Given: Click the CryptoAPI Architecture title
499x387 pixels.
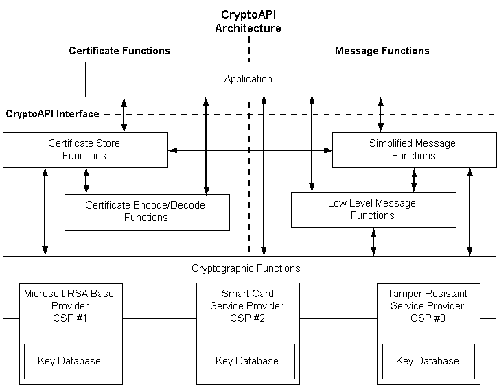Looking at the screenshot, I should pyautogui.click(x=248, y=21).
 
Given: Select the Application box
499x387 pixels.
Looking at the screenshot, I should pyautogui.click(x=249, y=79).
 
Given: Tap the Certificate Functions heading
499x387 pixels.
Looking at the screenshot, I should pyautogui.click(x=119, y=51).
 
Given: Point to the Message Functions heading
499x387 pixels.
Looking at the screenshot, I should pyautogui.click(x=382, y=51).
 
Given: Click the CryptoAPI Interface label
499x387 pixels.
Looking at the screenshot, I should pyautogui.click(x=52, y=114).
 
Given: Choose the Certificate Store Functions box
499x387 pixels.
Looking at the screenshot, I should pyautogui.click(x=85, y=150).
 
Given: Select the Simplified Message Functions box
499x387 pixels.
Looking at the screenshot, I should pyautogui.click(x=414, y=150).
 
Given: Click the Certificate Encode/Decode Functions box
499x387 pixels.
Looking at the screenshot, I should pyautogui.click(x=146, y=211).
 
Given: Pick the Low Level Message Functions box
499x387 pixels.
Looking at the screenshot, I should pyautogui.click(x=373, y=209).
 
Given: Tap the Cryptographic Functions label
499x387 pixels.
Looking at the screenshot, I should pyautogui.click(x=246, y=268).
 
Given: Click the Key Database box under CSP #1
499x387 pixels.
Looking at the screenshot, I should pyautogui.click(x=70, y=361).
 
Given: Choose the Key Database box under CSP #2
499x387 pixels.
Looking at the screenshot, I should pyautogui.click(x=247, y=361).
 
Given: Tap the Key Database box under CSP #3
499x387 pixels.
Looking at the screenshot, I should pyautogui.click(x=427, y=361).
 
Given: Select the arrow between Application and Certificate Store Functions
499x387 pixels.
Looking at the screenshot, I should pyautogui.click(x=124, y=115).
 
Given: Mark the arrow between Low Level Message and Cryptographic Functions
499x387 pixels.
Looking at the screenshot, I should pyautogui.click(x=373, y=242).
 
